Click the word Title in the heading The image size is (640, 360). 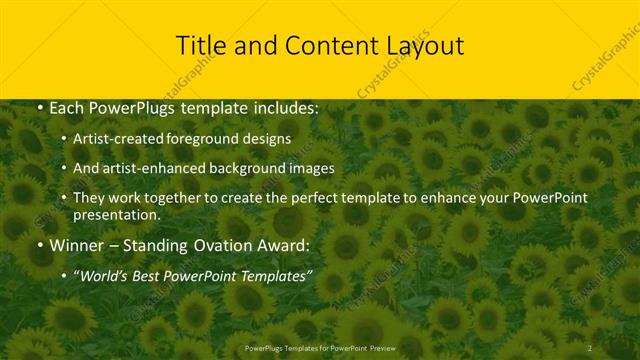coord(199,45)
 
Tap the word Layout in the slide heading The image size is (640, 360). coord(426,45)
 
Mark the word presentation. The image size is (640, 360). coord(116,214)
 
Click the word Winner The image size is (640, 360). coord(77,244)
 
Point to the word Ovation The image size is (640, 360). coord(219,244)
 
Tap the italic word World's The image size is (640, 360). coord(105,274)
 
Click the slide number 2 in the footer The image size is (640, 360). coord(590,348)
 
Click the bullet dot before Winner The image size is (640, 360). coord(38,245)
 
